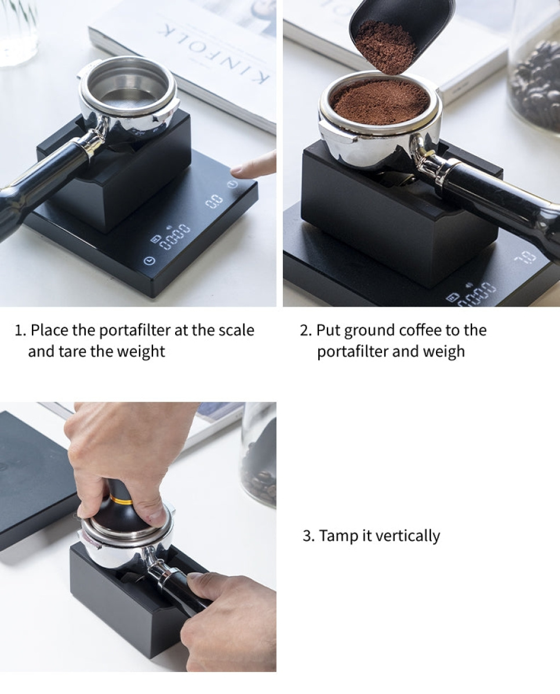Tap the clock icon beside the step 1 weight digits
(x=150, y=261)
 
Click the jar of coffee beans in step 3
(x=259, y=458)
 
